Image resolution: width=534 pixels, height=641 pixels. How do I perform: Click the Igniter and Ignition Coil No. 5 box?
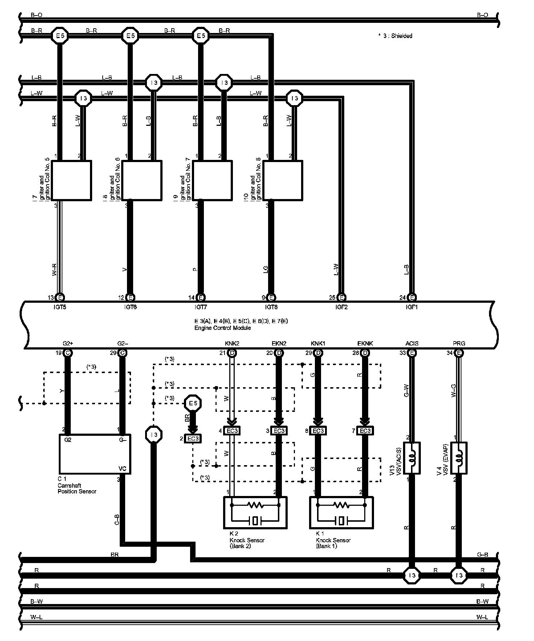[x=71, y=180]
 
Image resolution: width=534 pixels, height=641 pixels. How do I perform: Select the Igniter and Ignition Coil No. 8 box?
[x=283, y=180]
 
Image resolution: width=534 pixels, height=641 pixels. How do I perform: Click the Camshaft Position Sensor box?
[x=95, y=454]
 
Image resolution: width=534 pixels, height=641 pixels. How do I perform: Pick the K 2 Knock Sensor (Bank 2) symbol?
[x=255, y=512]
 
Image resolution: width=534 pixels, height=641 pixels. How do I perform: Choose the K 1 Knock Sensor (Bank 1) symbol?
[x=341, y=512]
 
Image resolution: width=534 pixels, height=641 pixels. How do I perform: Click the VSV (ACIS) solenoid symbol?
[x=412, y=458]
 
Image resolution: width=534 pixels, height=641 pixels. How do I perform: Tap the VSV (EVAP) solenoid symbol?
[x=459, y=458]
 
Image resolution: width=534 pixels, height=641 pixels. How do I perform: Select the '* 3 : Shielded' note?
[x=395, y=36]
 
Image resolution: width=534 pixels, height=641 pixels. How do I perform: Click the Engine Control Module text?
[x=222, y=328]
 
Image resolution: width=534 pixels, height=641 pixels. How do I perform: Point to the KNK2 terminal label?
[x=232, y=343]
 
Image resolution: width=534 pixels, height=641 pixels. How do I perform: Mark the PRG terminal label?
[x=459, y=343]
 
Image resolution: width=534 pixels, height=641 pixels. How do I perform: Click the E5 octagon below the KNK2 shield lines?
[x=193, y=404]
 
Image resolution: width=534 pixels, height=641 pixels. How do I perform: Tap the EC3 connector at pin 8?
[x=318, y=431]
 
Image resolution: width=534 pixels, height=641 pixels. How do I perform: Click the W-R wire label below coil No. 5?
[x=55, y=269]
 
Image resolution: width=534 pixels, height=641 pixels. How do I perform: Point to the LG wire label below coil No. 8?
[x=266, y=269]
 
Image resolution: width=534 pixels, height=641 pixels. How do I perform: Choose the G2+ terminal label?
[x=67, y=343]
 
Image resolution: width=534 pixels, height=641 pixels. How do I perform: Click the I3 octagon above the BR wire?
[x=153, y=434]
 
